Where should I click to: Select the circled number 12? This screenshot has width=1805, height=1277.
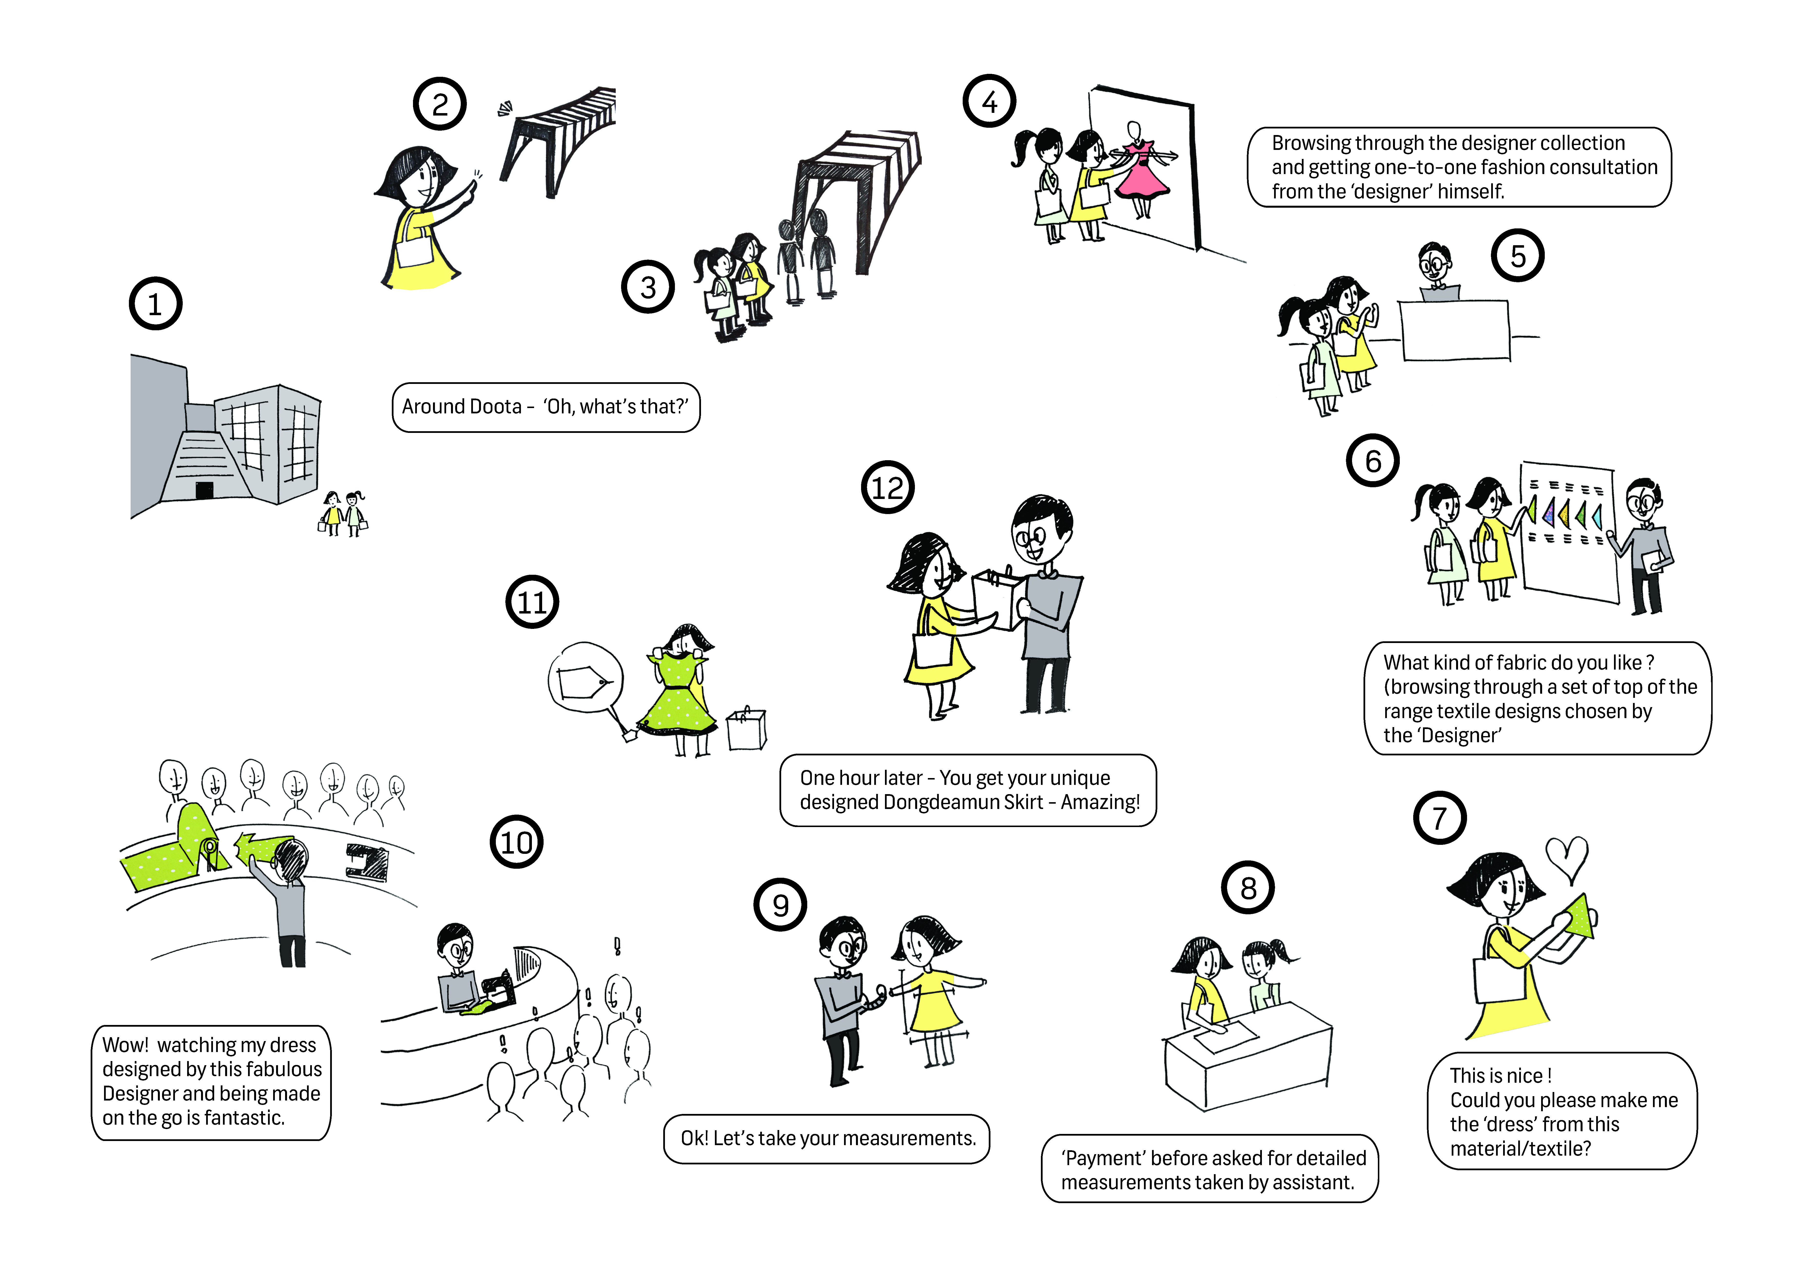point(888,487)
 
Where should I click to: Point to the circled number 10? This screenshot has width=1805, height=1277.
point(517,842)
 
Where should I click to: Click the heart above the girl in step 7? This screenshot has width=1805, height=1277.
point(1567,859)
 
